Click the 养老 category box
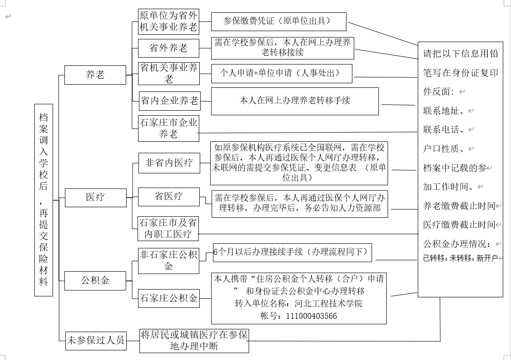(x=95, y=75)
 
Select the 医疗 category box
(x=95, y=197)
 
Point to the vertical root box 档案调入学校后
(x=43, y=199)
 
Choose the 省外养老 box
(x=169, y=48)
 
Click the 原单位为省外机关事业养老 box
(x=169, y=21)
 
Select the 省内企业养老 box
(x=169, y=101)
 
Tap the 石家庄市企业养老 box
(x=169, y=129)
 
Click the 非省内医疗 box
(x=169, y=162)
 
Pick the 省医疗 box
(x=169, y=196)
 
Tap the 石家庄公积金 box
(x=169, y=299)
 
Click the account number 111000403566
(x=311, y=316)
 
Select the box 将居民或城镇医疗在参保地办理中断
(x=194, y=340)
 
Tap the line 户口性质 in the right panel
(x=446, y=149)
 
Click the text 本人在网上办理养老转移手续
(x=295, y=100)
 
